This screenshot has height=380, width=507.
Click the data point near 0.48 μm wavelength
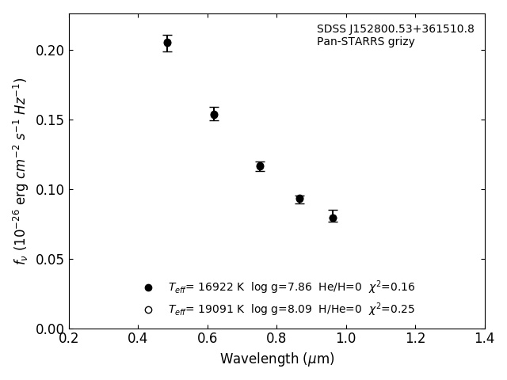[x=167, y=43]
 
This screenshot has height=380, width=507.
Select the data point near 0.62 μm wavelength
[x=214, y=115]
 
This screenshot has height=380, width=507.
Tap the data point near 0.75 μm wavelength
[x=260, y=166]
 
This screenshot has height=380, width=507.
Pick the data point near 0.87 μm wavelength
[x=299, y=199]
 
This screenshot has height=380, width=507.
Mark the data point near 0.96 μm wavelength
[x=333, y=218]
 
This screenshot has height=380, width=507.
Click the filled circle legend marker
[x=148, y=287]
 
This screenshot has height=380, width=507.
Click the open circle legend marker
[x=148, y=310]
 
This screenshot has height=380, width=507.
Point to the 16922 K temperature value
[x=215, y=287]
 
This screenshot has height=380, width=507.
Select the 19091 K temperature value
[x=215, y=310]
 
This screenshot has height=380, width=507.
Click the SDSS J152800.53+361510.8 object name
[x=395, y=29]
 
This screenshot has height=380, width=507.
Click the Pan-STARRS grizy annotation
[x=365, y=42]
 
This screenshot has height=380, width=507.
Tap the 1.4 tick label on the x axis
[x=485, y=339]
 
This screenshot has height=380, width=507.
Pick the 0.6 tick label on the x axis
[x=208, y=339]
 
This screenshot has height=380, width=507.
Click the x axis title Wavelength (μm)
[x=276, y=359]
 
